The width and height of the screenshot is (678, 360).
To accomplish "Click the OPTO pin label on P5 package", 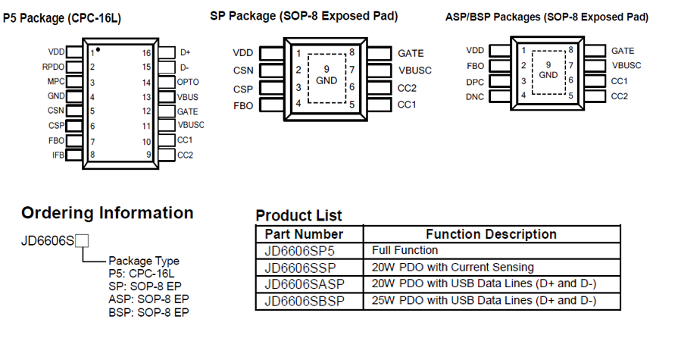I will pyautogui.click(x=188, y=82).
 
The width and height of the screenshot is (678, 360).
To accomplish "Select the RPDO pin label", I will pyautogui.click(x=53, y=67).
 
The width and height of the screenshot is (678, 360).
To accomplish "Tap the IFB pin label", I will pyautogui.click(x=58, y=155).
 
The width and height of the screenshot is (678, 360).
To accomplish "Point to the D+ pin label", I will pyautogui.click(x=185, y=52).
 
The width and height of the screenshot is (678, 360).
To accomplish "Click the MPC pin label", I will pyautogui.click(x=55, y=82).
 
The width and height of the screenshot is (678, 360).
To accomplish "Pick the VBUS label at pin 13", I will pyautogui.click(x=189, y=97).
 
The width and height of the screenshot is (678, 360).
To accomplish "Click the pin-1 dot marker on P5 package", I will pyautogui.click(x=98, y=49).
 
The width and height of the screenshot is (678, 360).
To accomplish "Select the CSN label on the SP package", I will pyautogui.click(x=242, y=70).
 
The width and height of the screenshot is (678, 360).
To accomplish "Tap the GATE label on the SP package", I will pyautogui.click(x=411, y=53).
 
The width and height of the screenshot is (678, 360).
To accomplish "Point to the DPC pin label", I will pyautogui.click(x=475, y=81).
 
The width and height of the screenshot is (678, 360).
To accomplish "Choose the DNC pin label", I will pyautogui.click(x=475, y=96).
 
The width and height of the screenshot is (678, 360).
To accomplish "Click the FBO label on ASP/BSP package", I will pyautogui.click(x=476, y=66).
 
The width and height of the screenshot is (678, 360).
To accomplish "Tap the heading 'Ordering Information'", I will pyautogui.click(x=108, y=213).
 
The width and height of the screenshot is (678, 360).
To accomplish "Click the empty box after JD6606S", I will pyautogui.click(x=83, y=241).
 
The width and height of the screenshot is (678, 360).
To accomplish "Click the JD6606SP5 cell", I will pyautogui.click(x=299, y=250).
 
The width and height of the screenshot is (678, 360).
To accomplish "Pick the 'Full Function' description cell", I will pyautogui.click(x=405, y=250).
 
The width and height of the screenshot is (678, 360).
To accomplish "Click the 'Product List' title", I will pyautogui.click(x=298, y=215).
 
